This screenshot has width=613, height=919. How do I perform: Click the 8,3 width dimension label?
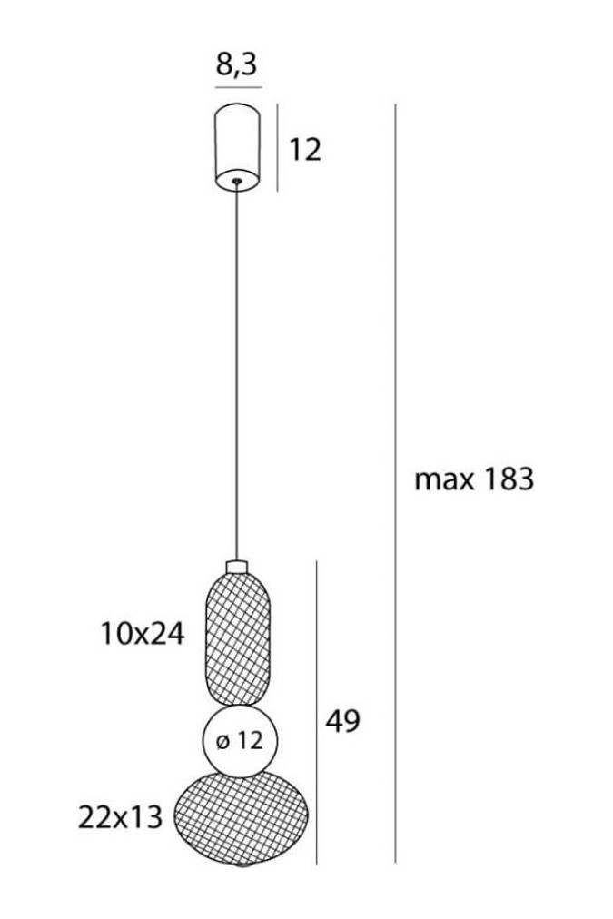237,64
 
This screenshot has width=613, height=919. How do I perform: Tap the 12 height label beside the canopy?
305,150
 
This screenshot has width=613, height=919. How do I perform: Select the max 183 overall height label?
474,479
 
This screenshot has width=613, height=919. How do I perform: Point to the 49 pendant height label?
343,721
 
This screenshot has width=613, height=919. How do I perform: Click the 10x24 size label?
143,634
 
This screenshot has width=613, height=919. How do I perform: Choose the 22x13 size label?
120,817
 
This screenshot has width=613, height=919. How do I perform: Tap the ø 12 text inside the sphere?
240,741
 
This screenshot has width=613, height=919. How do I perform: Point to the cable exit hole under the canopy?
237,181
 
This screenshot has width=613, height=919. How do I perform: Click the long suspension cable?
237,372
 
